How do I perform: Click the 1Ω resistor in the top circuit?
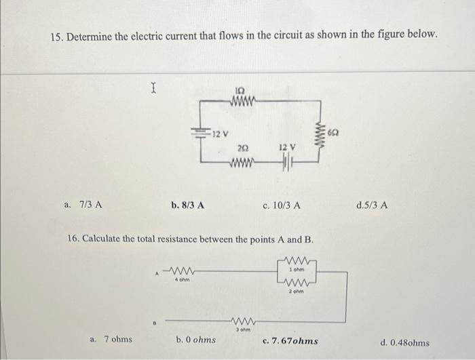242,104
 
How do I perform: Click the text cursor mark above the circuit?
154,86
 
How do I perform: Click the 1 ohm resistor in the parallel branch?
296,260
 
